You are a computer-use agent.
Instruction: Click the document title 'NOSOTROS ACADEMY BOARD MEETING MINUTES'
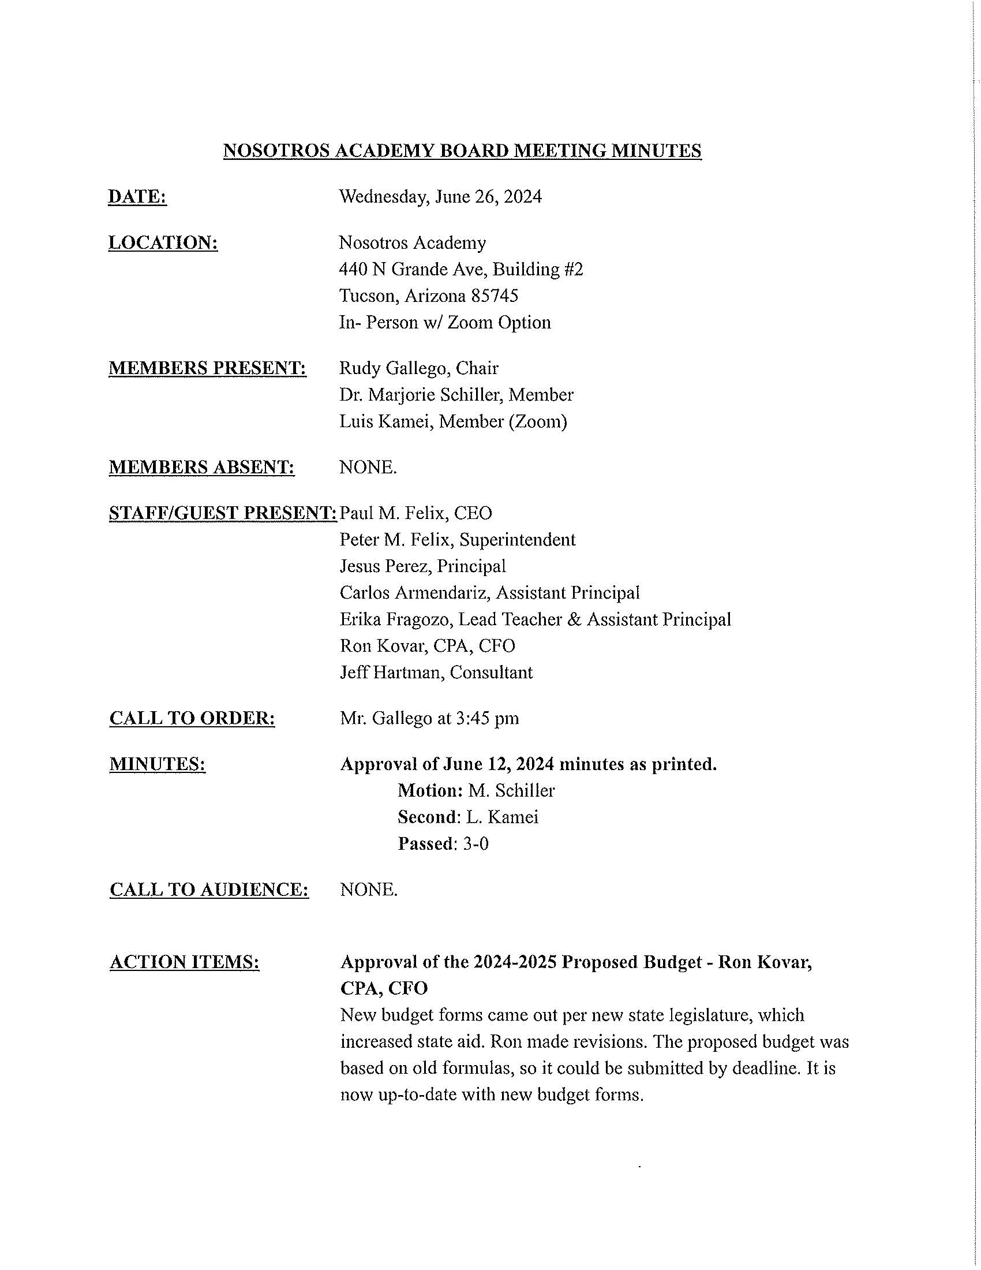coord(462,151)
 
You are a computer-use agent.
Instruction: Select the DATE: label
coord(137,196)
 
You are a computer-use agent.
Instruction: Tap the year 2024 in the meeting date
coord(522,196)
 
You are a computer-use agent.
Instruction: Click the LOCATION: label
coord(163,242)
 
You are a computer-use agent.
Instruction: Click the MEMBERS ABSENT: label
coord(201,467)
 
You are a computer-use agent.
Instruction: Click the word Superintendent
coord(517,540)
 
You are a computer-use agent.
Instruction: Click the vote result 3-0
coord(475,843)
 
